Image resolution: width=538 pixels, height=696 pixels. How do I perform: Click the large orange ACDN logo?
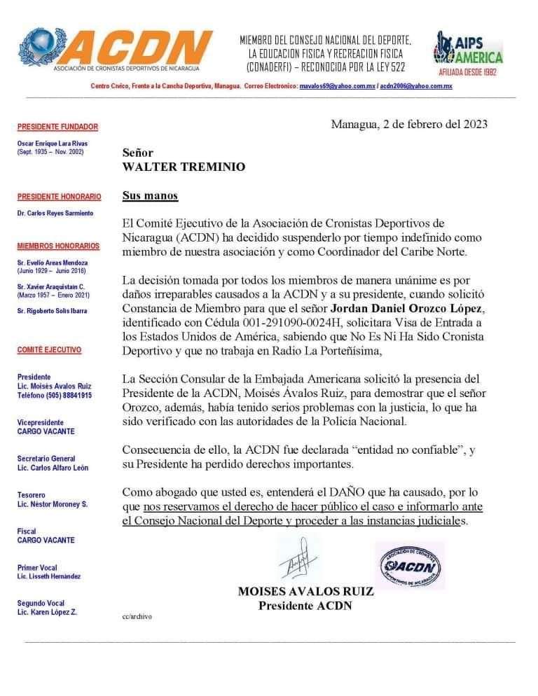click(x=116, y=49)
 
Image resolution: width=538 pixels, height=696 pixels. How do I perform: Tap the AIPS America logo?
click(x=469, y=53)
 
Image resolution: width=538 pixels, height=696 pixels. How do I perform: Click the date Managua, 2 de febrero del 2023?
click(x=409, y=125)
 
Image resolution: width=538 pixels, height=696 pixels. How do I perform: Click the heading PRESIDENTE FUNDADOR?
click(x=57, y=127)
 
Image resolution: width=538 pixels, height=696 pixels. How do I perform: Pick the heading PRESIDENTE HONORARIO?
click(x=59, y=197)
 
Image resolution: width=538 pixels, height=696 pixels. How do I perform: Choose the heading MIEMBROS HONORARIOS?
click(x=58, y=246)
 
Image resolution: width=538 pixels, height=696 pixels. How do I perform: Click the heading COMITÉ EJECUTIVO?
click(x=49, y=350)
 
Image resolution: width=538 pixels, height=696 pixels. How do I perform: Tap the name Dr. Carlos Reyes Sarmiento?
click(x=55, y=213)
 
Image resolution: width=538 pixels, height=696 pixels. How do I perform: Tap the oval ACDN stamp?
click(x=409, y=566)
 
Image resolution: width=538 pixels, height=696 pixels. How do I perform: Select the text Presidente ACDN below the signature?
click(x=305, y=606)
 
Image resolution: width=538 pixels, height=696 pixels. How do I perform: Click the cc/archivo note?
click(x=137, y=617)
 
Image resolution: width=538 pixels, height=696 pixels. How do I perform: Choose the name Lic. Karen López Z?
click(x=47, y=612)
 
